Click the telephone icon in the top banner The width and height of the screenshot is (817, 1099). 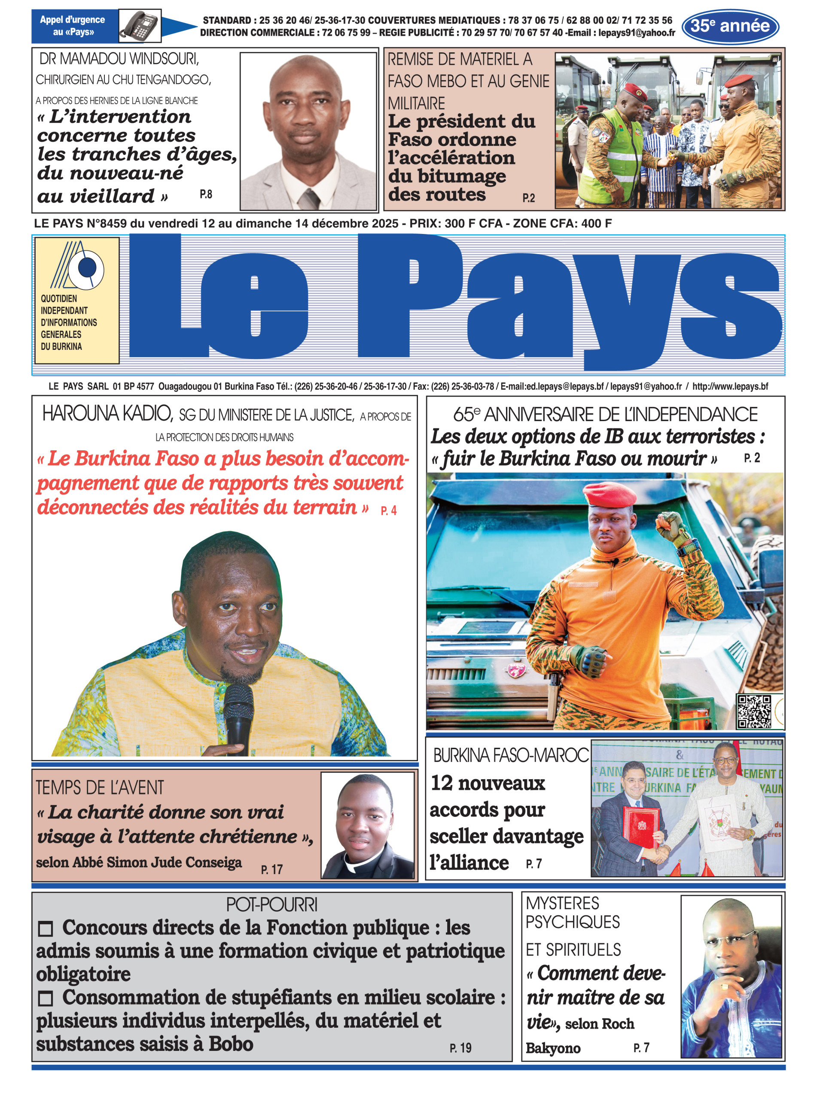pos(140,25)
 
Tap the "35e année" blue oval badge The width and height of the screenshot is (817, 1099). pos(730,26)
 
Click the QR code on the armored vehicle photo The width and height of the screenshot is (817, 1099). pos(754,712)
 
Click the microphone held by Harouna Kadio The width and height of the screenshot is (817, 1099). pos(238,716)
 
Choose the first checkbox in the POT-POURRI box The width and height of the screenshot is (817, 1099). pos(46,929)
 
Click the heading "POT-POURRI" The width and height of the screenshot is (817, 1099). pos(271,905)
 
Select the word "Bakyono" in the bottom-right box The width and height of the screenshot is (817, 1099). pos(553,1047)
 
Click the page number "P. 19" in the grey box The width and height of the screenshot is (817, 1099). pos(460,1047)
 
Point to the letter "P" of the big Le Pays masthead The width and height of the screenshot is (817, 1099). pos(411,297)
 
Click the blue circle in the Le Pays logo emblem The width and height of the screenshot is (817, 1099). pos(88,267)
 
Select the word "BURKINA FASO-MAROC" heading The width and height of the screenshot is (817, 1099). pos(511,755)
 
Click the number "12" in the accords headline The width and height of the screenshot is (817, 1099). pos(442,783)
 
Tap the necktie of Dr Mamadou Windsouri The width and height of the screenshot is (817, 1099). pos(309,198)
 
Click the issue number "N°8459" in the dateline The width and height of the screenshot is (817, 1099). pos(107,224)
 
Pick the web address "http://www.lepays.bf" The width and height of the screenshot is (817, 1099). pos(730,386)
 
